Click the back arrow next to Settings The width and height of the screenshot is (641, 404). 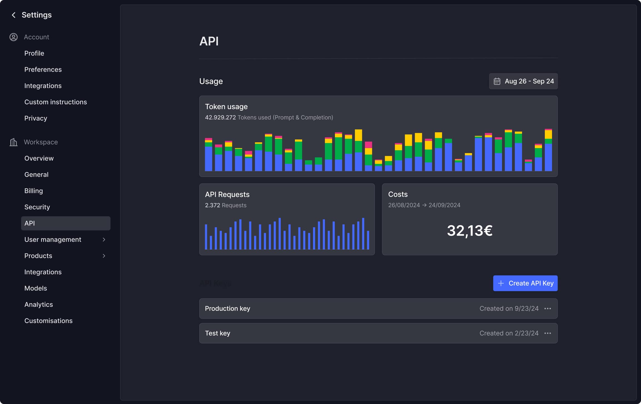(x=13, y=15)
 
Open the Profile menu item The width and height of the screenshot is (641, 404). (x=34, y=53)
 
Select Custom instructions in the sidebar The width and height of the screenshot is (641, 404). (x=56, y=102)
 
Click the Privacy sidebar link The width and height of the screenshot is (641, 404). (x=36, y=118)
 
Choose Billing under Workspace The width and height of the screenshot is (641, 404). (x=34, y=191)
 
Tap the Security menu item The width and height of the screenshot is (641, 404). (x=37, y=207)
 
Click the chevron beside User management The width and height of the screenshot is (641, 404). (x=104, y=240)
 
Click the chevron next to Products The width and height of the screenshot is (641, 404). (x=104, y=256)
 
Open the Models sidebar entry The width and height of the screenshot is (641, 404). (x=36, y=288)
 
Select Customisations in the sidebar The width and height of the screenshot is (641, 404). (x=48, y=321)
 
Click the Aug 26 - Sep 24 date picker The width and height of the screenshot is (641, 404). (x=523, y=81)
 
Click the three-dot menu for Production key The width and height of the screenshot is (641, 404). (x=548, y=308)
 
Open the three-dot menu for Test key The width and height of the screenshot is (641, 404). (x=548, y=333)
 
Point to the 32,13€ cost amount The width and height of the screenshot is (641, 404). (x=469, y=231)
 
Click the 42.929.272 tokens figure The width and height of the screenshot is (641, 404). (x=220, y=118)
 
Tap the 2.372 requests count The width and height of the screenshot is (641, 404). (x=212, y=205)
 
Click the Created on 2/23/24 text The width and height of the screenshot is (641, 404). (x=509, y=333)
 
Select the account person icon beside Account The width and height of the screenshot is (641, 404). (x=13, y=37)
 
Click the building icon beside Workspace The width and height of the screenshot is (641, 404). (x=13, y=142)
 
